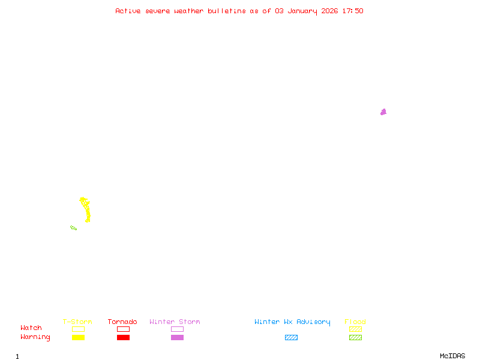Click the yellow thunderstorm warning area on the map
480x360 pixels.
click(x=87, y=211)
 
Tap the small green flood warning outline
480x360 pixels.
click(x=73, y=228)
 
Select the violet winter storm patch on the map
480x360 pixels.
click(x=383, y=112)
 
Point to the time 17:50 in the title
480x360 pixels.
click(x=353, y=11)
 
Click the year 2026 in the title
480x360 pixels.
click(x=329, y=11)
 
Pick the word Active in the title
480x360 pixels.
click(x=128, y=11)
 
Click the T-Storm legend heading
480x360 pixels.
click(x=77, y=322)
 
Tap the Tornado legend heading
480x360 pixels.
click(x=122, y=322)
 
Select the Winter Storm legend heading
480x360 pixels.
click(x=175, y=322)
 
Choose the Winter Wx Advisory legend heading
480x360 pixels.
click(x=292, y=322)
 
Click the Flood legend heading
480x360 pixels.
click(x=355, y=322)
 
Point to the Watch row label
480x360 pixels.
click(x=31, y=328)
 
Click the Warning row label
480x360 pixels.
click(x=35, y=337)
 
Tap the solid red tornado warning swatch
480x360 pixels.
click(x=123, y=338)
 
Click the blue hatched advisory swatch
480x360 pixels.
click(x=291, y=338)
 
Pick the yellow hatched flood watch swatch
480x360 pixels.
click(x=355, y=329)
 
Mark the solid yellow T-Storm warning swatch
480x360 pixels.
click(x=78, y=338)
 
